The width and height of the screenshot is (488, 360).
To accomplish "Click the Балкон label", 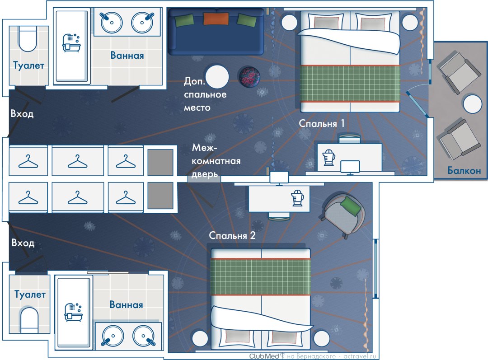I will (x=464, y=170).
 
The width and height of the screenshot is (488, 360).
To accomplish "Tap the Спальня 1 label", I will (x=322, y=123).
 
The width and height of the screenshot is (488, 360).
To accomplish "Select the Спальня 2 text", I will (x=232, y=235).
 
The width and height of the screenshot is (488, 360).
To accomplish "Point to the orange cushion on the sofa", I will (x=215, y=19).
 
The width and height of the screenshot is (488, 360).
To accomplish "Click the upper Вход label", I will (x=22, y=114).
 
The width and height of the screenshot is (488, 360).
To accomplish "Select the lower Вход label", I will (x=23, y=243).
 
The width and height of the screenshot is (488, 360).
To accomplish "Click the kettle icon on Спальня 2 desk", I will (x=297, y=198).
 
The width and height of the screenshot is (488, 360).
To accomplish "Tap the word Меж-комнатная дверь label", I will (x=216, y=160).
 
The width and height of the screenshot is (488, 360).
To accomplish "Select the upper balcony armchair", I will (x=460, y=70).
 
